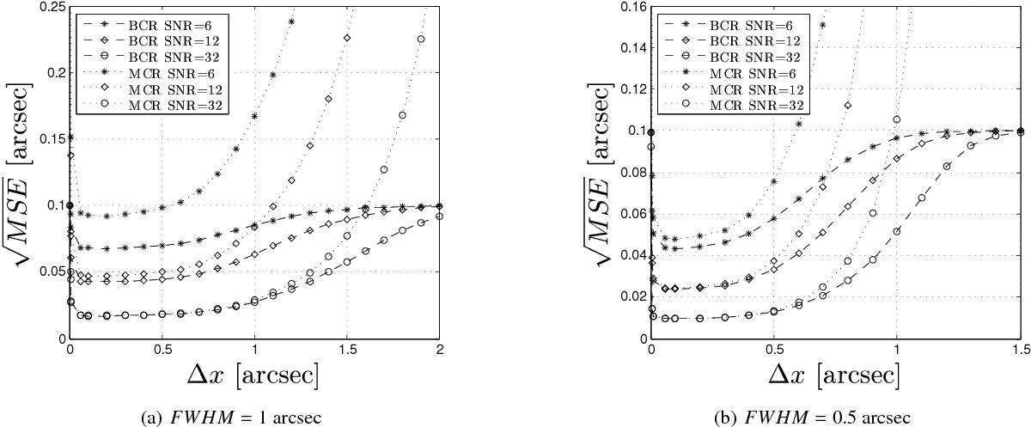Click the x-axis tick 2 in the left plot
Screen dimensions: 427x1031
[x=440, y=351]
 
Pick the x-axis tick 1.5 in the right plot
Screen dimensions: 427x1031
[x=1020, y=351]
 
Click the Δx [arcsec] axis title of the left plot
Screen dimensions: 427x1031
[x=253, y=375]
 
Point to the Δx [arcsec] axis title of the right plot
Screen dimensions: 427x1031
[x=835, y=375]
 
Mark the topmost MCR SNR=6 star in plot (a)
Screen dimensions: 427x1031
[x=291, y=21]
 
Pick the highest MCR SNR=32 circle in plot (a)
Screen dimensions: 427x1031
[x=421, y=39]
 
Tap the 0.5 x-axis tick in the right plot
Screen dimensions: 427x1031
[x=774, y=351]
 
